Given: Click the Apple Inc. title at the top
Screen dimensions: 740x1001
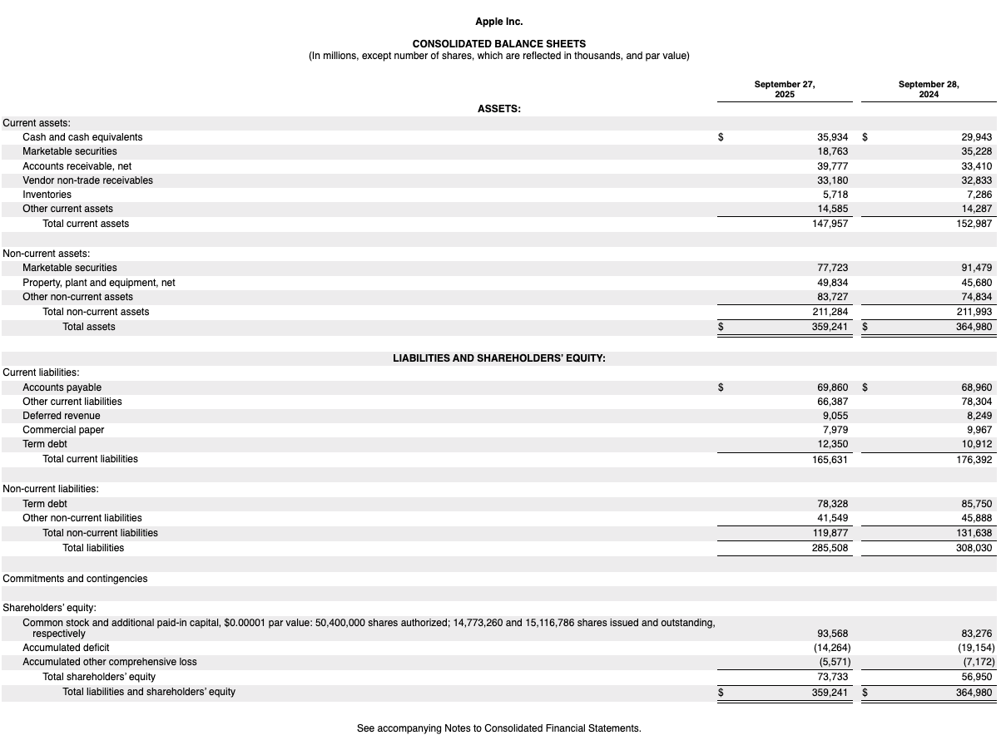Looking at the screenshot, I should [499, 22].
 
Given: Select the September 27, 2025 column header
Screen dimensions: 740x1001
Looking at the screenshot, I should [784, 89].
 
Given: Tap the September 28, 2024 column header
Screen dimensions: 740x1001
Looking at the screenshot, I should [929, 89].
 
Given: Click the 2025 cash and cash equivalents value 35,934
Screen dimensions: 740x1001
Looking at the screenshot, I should [833, 137].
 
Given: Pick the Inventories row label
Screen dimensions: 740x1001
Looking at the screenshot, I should [47, 195].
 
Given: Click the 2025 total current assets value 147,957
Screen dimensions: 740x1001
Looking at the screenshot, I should [830, 224].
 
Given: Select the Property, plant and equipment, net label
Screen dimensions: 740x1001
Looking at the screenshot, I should [98, 283].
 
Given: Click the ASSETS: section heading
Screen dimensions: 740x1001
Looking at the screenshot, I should [499, 108].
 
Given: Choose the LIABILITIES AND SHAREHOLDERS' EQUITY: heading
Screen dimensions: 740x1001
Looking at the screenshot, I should [499, 358].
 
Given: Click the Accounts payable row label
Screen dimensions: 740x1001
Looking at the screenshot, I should [62, 387].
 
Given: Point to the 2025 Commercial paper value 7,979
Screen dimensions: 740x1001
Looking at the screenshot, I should [835, 430].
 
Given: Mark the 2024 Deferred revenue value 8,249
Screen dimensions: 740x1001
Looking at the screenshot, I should [979, 416].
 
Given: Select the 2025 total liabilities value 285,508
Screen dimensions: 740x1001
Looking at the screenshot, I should [830, 548].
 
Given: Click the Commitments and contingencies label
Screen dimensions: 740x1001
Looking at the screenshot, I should [75, 579].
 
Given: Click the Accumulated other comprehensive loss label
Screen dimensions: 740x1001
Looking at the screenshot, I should [110, 662].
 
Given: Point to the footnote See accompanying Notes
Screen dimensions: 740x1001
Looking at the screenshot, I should [499, 728].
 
